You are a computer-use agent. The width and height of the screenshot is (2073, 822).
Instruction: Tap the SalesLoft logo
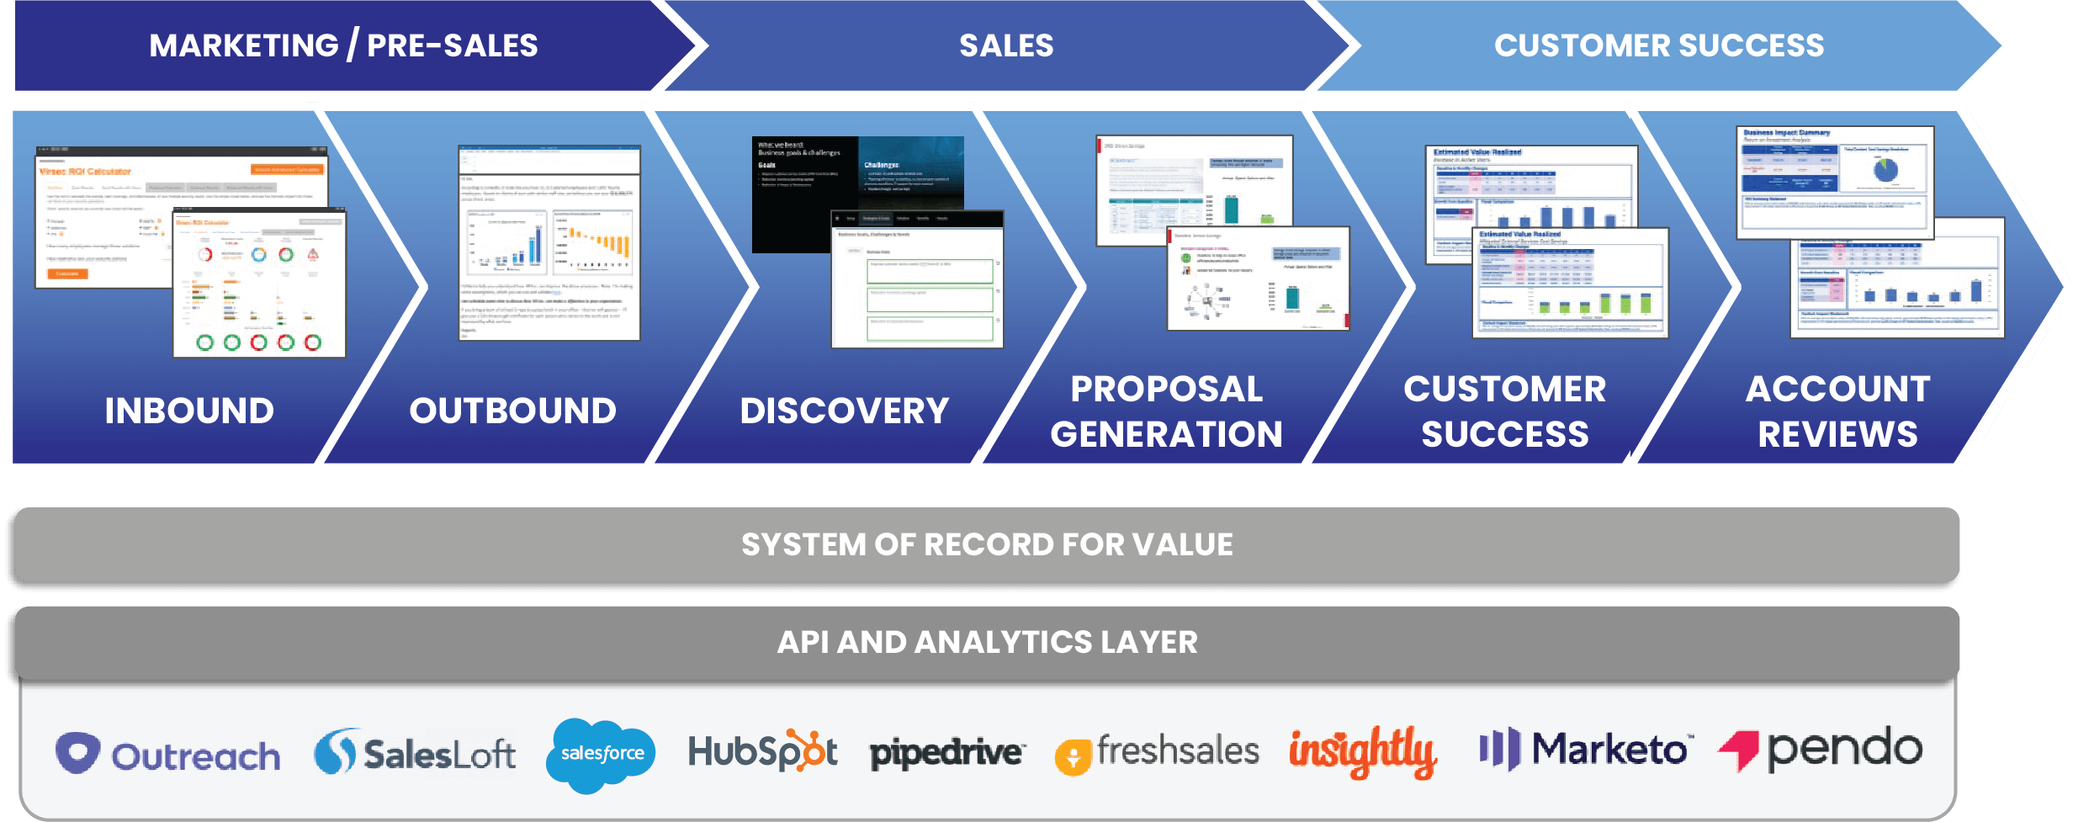pyautogui.click(x=415, y=752)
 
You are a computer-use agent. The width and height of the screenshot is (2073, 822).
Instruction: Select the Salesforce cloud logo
pyautogui.click(x=601, y=754)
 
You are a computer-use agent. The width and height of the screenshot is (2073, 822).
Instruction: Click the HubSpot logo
pyautogui.click(x=762, y=751)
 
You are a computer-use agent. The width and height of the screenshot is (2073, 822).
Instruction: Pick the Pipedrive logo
pyautogui.click(x=946, y=752)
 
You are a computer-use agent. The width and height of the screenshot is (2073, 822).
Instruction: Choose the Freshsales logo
pyautogui.click(x=1158, y=751)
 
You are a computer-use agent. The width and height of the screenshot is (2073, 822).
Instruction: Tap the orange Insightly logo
pyautogui.click(x=1362, y=751)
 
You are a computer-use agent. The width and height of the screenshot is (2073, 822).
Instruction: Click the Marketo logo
pyautogui.click(x=1583, y=749)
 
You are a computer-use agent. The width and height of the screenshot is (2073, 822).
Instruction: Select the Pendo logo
pyautogui.click(x=1821, y=749)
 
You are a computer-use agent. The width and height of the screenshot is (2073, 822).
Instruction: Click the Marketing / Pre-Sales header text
pyautogui.click(x=343, y=45)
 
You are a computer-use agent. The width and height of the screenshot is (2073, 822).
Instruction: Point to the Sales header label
pyautogui.click(x=1006, y=45)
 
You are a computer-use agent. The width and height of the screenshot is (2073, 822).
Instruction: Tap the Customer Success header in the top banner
pyautogui.click(x=1659, y=45)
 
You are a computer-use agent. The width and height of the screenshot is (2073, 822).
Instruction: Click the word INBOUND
pyautogui.click(x=189, y=411)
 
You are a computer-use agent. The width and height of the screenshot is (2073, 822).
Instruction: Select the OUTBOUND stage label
pyautogui.click(x=512, y=411)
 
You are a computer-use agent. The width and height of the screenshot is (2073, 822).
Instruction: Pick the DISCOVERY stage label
pyautogui.click(x=844, y=411)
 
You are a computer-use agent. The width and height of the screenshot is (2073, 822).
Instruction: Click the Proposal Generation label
pyautogui.click(x=1166, y=411)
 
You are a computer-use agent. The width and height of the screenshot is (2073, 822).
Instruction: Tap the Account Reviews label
pyautogui.click(x=1837, y=411)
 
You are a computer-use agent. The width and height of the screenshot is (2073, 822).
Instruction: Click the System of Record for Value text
pyautogui.click(x=987, y=544)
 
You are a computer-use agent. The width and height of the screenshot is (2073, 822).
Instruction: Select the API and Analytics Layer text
pyautogui.click(x=987, y=642)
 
